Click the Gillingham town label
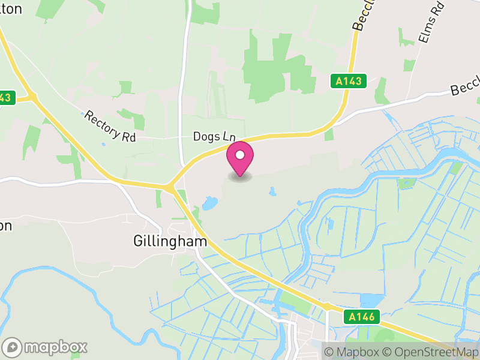pyautogui.click(x=169, y=241)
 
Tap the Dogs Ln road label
pyautogui.click(x=214, y=136)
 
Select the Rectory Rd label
pyautogui.click(x=110, y=126)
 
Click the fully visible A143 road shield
pyautogui.click(x=349, y=81)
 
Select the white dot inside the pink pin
pyautogui.click(x=240, y=155)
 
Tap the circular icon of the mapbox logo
pyautogui.click(x=13, y=347)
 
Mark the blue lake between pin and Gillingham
pyautogui.click(x=209, y=204)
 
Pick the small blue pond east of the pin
pyautogui.click(x=273, y=192)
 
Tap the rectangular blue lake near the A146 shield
pyautogui.click(x=371, y=299)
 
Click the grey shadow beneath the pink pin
pyautogui.click(x=240, y=178)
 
